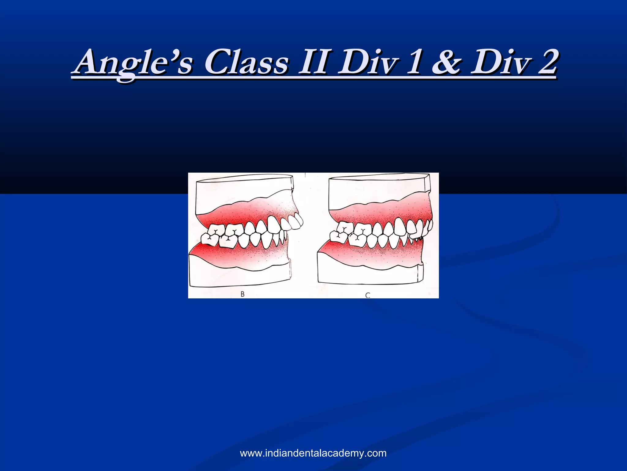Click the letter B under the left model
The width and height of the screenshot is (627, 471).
pos(242,294)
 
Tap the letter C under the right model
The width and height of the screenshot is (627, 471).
pos(368,295)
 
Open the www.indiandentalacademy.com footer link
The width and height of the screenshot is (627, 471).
pos(313,453)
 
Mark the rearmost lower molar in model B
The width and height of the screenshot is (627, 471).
pos(208,239)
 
